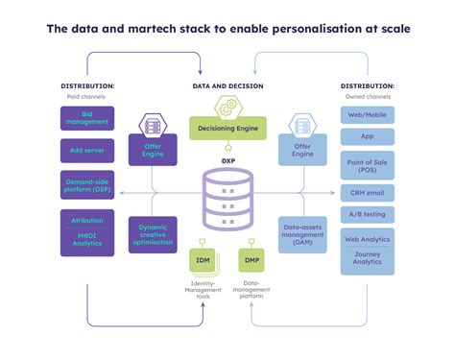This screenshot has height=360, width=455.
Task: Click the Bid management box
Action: point(86,118)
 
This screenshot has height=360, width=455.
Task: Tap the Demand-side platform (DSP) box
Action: point(86,184)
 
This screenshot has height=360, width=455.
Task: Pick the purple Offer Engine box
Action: point(152,149)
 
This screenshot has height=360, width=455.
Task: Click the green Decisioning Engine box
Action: point(227,127)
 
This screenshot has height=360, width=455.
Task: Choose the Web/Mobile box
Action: point(367,116)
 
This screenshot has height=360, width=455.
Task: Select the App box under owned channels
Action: point(367,138)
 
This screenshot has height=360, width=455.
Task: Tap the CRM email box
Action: point(367,192)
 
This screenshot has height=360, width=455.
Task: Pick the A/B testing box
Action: point(367,215)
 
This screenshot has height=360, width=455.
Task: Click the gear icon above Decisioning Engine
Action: point(227,105)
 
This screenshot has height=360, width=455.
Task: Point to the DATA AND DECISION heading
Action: point(227,86)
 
